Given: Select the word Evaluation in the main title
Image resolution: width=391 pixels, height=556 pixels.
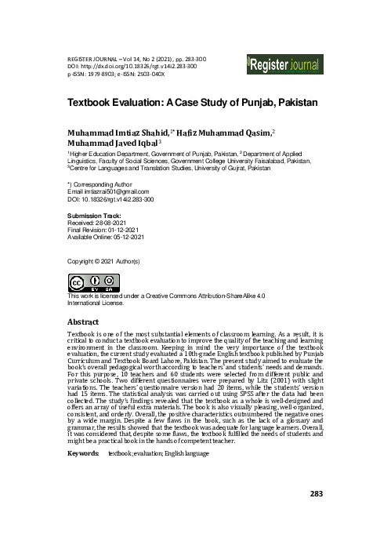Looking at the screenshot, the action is pyautogui.click(x=152, y=103).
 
